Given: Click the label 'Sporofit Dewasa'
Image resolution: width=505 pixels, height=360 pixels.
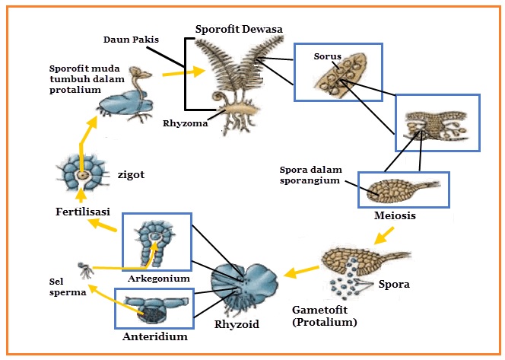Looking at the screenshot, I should pos(237,29).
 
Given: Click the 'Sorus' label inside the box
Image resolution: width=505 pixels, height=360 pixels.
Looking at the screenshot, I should pos(327,56).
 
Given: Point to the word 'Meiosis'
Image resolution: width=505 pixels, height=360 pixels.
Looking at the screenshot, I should pos(394,215).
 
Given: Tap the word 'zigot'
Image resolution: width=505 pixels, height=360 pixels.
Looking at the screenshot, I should pos(132,174).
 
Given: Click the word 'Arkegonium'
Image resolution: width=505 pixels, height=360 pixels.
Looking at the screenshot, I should pos(157,279).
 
